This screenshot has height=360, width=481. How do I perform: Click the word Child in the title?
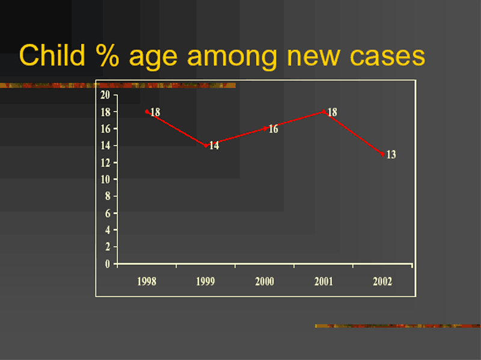click(52, 55)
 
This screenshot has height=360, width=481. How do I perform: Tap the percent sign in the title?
click(107, 55)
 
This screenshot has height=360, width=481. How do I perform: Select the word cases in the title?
click(387, 56)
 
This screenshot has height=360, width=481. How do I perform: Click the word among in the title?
click(232, 59)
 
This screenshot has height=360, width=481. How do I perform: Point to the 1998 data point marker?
click(147, 112)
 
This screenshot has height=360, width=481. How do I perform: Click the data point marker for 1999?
click(206, 145)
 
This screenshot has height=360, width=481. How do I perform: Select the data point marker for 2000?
click(265, 129)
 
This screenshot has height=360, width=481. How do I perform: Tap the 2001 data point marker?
click(323, 112)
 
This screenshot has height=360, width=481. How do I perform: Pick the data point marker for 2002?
click(382, 154)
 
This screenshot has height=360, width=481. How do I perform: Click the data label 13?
click(391, 154)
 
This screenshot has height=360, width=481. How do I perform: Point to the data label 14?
click(214, 145)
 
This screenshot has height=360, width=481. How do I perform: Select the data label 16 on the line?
click(274, 129)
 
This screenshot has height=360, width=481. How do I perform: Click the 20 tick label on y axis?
click(105, 95)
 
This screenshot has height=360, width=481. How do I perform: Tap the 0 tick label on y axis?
click(108, 264)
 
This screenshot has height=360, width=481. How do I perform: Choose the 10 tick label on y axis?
click(105, 179)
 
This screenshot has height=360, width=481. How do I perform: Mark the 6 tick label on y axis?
click(108, 213)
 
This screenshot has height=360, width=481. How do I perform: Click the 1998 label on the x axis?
click(147, 281)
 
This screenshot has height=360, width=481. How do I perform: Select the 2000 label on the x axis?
click(265, 281)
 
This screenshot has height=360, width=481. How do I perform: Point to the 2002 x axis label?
click(382, 281)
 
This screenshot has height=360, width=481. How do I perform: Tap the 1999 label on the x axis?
click(206, 281)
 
